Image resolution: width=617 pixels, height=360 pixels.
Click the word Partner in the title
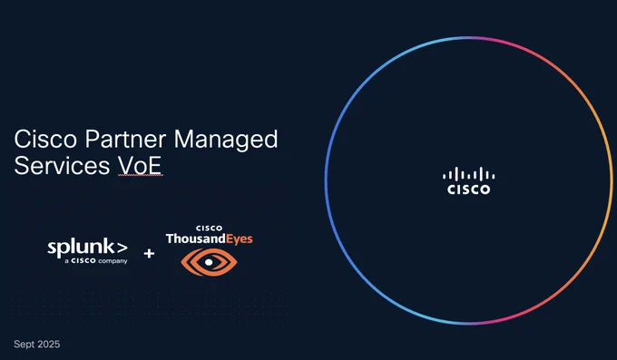click(x=125, y=139)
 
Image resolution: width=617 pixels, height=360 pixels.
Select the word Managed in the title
click(x=226, y=141)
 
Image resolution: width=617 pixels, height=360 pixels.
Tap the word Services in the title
click(x=62, y=165)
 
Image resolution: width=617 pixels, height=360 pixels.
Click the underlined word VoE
click(x=140, y=166)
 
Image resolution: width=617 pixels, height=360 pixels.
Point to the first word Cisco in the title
click(x=45, y=139)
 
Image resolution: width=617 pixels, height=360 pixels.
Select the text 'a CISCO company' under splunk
click(x=96, y=261)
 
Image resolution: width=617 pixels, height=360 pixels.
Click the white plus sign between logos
click(x=149, y=253)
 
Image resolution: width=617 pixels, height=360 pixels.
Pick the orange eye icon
click(x=209, y=262)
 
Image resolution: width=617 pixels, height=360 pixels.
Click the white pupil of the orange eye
click(x=209, y=262)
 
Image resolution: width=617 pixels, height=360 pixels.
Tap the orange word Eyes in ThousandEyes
click(x=240, y=239)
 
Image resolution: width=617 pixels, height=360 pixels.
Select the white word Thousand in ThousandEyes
click(x=196, y=238)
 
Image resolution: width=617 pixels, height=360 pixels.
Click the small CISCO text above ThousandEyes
click(x=209, y=229)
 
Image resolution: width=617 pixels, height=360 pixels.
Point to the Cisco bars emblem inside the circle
click(x=469, y=174)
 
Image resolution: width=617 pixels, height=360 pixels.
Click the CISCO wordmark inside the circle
click(x=469, y=190)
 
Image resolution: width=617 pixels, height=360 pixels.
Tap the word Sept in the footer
click(x=24, y=345)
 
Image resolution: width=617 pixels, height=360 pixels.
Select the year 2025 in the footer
click(x=49, y=345)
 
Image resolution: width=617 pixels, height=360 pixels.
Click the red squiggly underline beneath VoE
click(x=140, y=176)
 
